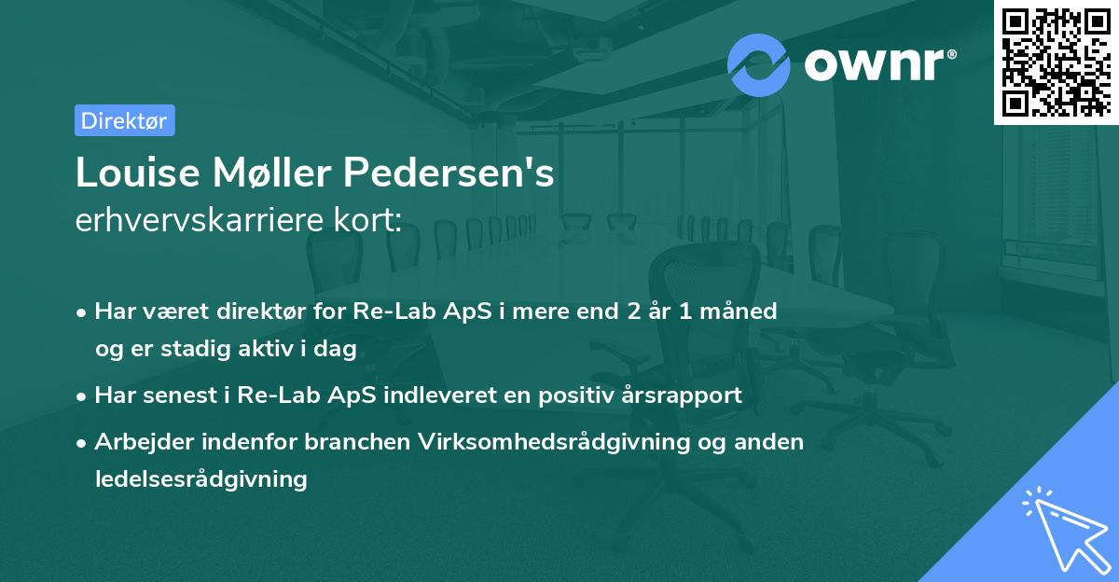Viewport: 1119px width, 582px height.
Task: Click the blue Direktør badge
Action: pos(124,120)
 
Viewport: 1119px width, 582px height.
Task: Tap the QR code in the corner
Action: pos(1056,62)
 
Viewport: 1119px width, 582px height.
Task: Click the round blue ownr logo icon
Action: pos(758,64)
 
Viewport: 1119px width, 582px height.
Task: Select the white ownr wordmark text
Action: pos(876,64)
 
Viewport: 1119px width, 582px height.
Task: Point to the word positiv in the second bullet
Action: pos(578,395)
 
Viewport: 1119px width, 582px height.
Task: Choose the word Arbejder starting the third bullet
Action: pos(136,441)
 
